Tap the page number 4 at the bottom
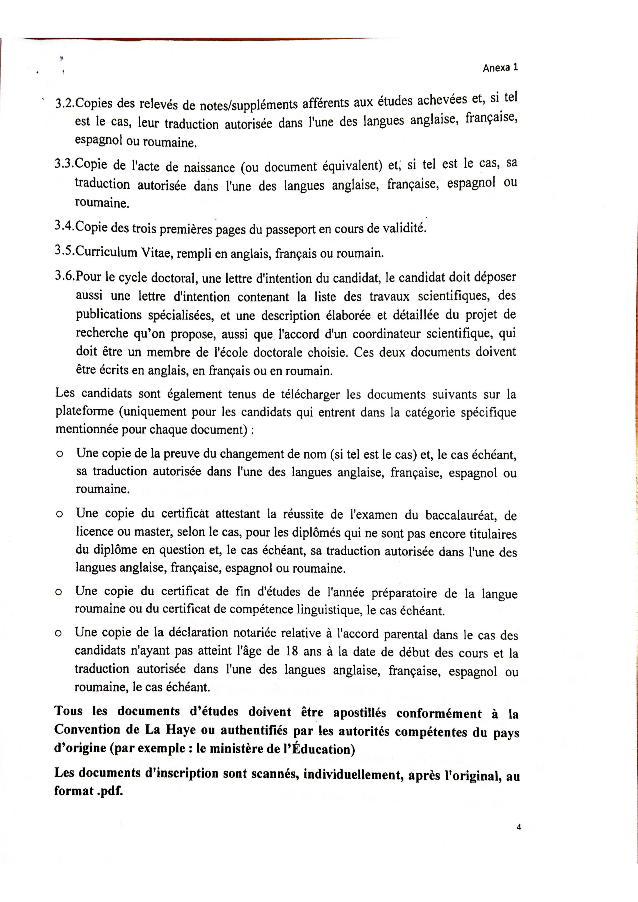point(519,827)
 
